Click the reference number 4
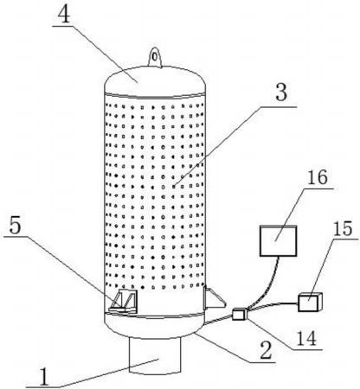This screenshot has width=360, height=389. [x=64, y=14]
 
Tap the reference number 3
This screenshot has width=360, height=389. [x=281, y=92]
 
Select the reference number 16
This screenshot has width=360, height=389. [x=318, y=177]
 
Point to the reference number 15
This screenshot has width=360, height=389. [x=343, y=229]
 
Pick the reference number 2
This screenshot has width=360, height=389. [x=266, y=350]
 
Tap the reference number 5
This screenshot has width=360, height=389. [x=15, y=226]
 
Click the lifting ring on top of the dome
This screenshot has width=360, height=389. [x=155, y=57]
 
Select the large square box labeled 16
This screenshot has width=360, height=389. [x=278, y=241]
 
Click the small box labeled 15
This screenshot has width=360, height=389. [x=310, y=302]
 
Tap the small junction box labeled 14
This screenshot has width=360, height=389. [x=240, y=314]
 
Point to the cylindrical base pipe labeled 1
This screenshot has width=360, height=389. [x=155, y=356]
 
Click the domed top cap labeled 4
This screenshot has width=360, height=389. [x=155, y=81]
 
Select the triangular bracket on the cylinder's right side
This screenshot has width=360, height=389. [x=213, y=298]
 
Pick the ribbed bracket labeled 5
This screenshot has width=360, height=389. [x=123, y=302]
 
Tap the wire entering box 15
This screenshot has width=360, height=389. [x=274, y=306]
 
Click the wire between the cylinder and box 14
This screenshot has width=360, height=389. [x=219, y=320]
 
